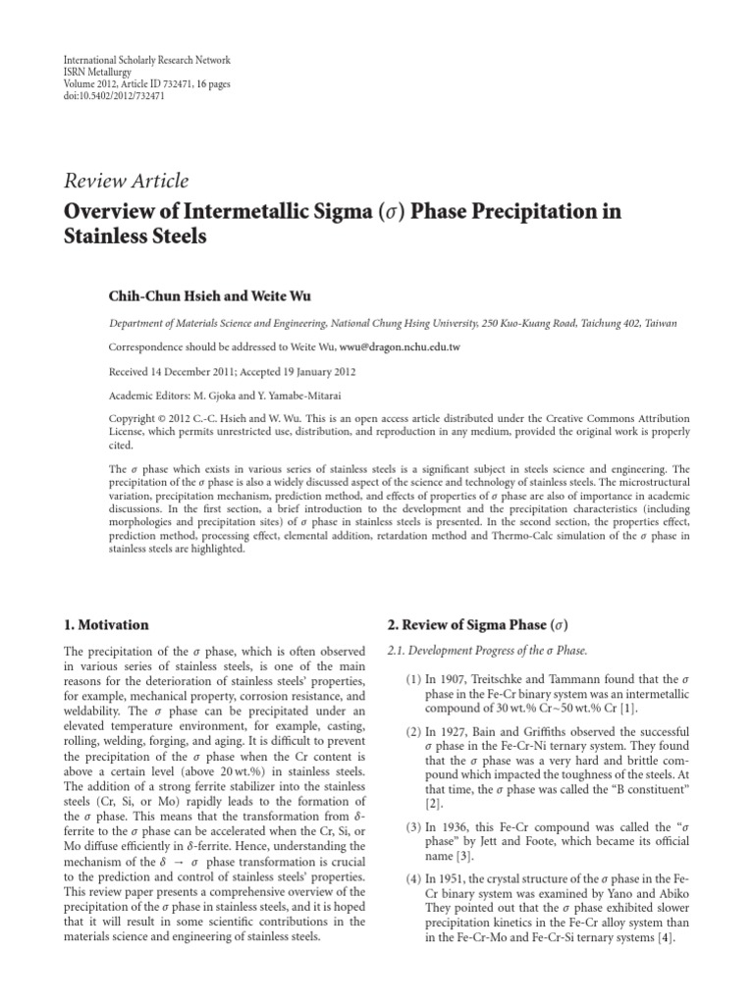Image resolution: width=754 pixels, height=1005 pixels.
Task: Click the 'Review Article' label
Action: pyautogui.click(x=125, y=181)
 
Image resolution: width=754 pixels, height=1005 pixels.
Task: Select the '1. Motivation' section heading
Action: pyautogui.click(x=106, y=624)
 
